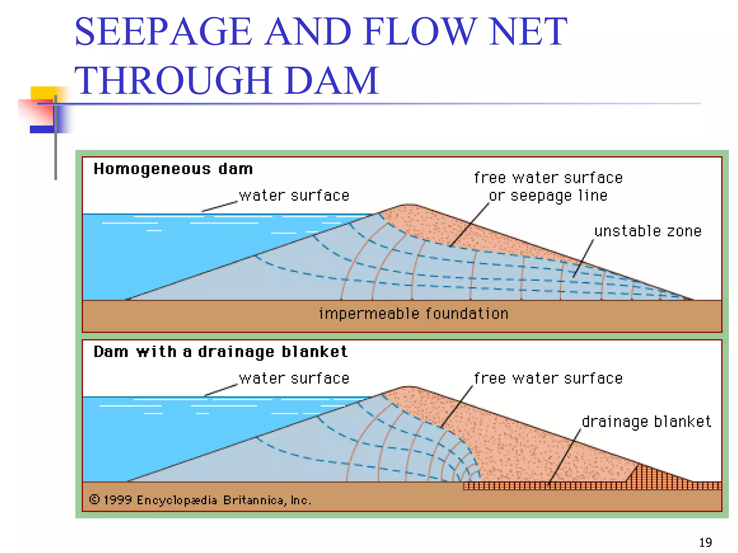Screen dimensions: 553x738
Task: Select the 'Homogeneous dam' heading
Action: click(173, 169)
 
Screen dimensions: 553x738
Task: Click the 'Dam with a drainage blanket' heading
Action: click(221, 352)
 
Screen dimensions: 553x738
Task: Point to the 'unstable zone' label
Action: click(648, 231)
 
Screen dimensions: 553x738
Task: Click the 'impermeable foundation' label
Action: click(413, 314)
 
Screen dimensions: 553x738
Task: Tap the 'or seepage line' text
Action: click(548, 196)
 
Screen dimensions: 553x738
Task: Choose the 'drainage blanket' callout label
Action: click(646, 422)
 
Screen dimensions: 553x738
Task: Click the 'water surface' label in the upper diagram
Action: click(294, 195)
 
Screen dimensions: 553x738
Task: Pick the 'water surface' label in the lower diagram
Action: click(294, 378)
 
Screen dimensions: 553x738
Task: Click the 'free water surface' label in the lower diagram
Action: click(548, 378)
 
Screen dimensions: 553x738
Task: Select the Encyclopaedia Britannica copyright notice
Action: click(200, 500)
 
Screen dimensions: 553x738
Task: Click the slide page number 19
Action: click(705, 542)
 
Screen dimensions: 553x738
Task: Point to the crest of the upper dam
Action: click(409, 206)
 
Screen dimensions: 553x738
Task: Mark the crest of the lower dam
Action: click(409, 388)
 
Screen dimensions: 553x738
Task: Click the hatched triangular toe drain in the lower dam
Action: click(645, 475)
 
